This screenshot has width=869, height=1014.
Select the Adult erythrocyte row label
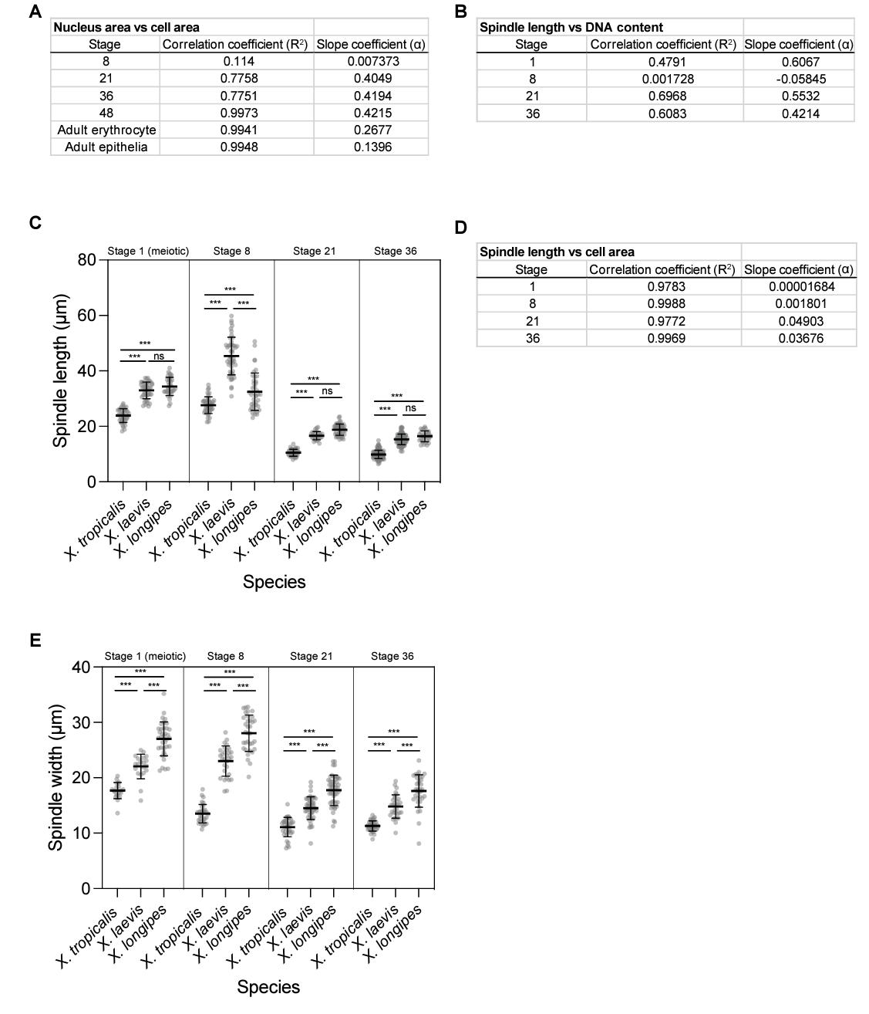coord(106,130)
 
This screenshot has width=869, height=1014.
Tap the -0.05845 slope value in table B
coord(799,79)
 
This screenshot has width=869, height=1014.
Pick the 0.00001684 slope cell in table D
coord(801,286)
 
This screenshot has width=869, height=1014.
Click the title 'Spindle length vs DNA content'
coord(571,27)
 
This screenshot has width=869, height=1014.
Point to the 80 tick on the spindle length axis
coord(86,260)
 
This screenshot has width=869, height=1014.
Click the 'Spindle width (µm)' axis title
coord(56,778)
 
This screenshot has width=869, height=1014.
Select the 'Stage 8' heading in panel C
coord(231,251)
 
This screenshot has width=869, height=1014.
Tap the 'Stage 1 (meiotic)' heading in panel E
coord(145,656)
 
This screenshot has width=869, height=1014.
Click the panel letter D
coord(460,228)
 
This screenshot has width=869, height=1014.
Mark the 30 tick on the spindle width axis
coord(82,722)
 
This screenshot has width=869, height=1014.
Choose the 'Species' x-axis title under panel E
coord(268,986)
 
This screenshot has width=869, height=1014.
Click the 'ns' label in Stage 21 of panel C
coord(327,391)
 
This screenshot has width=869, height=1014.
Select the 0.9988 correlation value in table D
coord(663,303)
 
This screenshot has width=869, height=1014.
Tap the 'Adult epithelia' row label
coord(106,147)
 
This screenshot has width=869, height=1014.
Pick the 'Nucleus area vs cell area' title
coord(126,27)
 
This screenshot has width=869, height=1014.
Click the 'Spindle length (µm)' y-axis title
coord(61,370)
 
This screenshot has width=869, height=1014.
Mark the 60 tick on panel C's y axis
coord(86,316)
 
